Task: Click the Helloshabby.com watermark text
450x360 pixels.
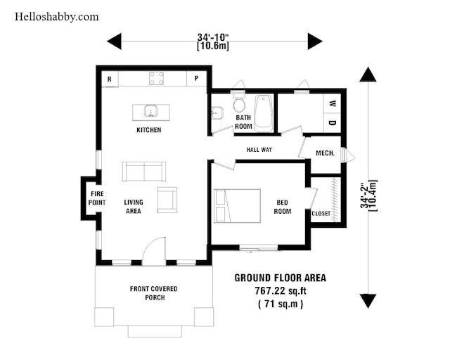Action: tap(56, 17)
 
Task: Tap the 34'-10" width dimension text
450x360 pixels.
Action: tap(213, 37)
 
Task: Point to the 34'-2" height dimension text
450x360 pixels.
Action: tap(364, 195)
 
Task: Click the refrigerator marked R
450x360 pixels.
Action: tap(110, 79)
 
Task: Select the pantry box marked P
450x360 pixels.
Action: tap(197, 78)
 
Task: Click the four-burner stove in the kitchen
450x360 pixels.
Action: tap(156, 78)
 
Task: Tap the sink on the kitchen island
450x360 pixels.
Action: tap(150, 111)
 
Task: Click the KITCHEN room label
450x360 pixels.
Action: tap(148, 130)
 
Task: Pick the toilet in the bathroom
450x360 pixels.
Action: tap(239, 103)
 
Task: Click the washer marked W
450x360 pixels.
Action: tap(333, 103)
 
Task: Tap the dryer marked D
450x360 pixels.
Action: tap(333, 123)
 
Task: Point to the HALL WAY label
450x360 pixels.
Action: tap(259, 150)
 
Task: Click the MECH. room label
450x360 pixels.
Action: tap(325, 153)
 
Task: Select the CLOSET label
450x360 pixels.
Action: tap(321, 214)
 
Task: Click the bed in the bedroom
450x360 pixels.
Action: tap(238, 206)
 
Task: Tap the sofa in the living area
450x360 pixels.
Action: tap(144, 172)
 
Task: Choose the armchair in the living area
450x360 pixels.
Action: tap(167, 200)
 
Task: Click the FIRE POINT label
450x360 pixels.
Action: tap(97, 198)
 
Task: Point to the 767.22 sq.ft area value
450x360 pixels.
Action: tap(281, 291)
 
